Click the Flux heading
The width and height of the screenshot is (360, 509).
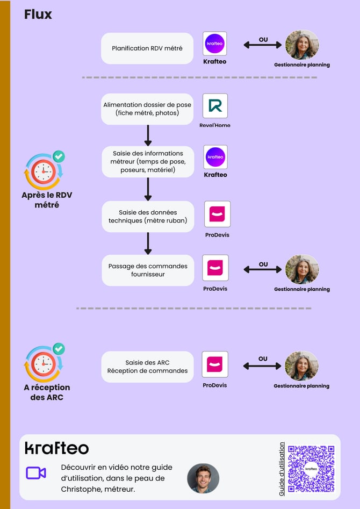38,15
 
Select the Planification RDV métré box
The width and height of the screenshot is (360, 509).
147,48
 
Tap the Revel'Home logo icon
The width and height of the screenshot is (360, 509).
215,106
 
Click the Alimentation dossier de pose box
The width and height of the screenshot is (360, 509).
147,109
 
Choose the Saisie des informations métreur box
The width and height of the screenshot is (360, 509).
148,162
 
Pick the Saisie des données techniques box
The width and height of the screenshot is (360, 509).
148,217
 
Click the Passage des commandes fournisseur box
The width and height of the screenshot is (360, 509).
148,270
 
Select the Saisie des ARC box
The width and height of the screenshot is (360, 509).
147,367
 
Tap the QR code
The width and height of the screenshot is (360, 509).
311,469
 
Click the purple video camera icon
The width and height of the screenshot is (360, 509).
36,473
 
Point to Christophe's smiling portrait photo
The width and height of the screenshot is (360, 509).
203,478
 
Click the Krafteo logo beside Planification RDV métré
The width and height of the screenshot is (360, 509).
214,44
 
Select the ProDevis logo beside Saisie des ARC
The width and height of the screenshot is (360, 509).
215,364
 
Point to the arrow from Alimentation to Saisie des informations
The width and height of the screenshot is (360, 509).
148,135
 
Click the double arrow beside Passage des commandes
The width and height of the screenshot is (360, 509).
263,269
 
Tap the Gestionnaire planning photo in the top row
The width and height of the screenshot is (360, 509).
302,45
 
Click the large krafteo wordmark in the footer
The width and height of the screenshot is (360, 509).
57,448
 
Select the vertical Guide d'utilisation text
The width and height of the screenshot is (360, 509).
282,469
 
